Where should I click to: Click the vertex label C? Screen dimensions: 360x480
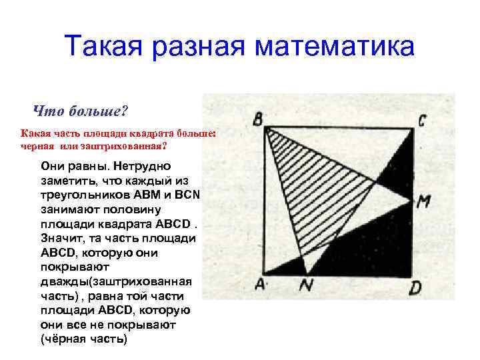[421, 121]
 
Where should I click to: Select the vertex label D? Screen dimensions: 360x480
[415, 288]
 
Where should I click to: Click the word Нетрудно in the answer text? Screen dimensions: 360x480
[143, 165]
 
